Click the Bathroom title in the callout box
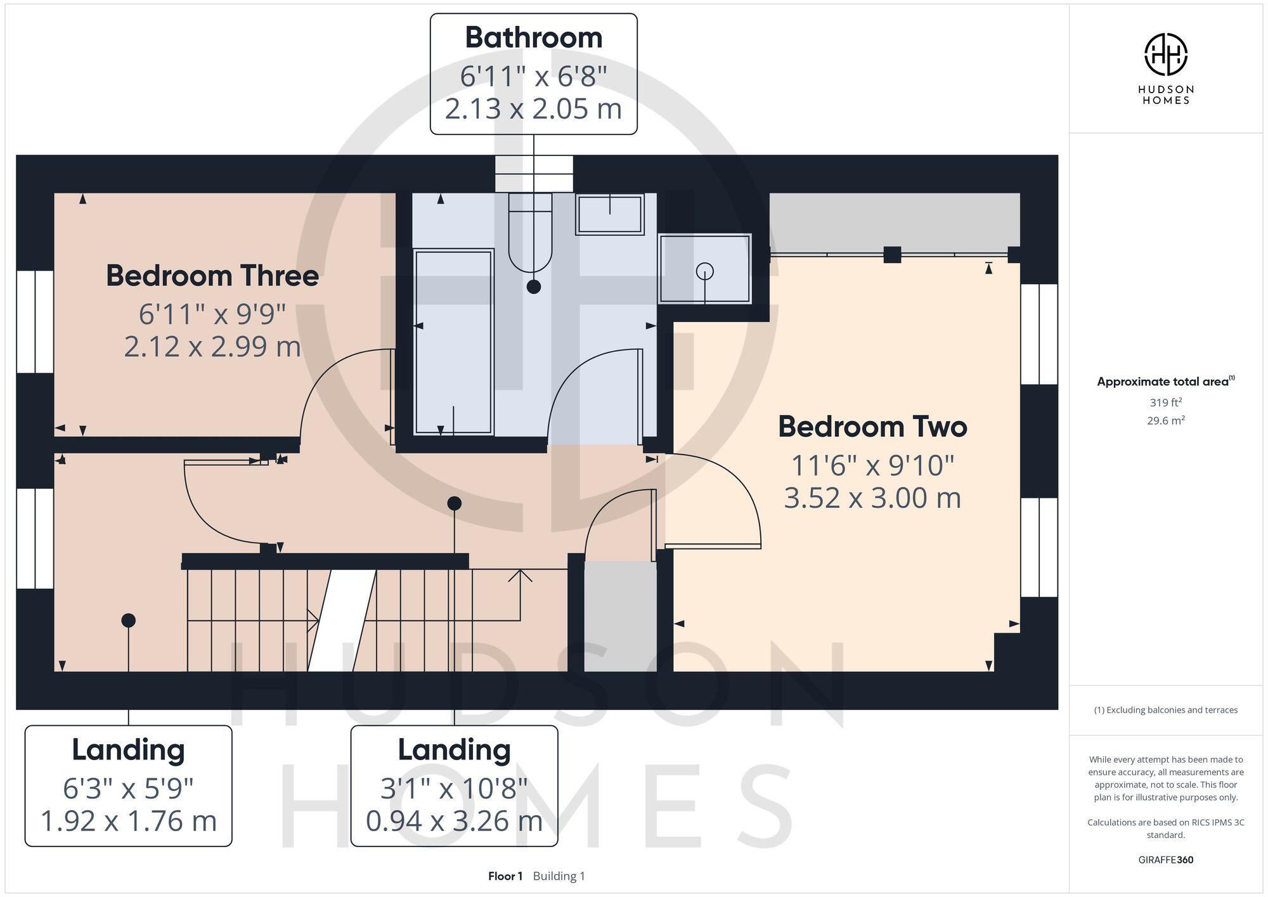click(533, 38)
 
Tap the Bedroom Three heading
click(212, 276)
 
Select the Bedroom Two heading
click(872, 427)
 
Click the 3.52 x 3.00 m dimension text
click(872, 498)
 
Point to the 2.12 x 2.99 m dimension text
click(212, 347)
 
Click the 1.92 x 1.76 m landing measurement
click(128, 821)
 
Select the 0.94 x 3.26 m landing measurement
click(454, 821)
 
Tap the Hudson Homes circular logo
click(1165, 55)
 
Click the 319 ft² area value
click(1165, 403)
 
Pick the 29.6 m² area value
click(1165, 420)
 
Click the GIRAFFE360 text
click(1165, 860)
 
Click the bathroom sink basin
click(609, 214)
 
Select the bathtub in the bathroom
click(453, 342)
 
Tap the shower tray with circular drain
click(704, 269)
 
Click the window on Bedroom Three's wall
click(35, 321)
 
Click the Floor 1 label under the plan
click(505, 876)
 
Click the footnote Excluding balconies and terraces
click(1165, 710)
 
